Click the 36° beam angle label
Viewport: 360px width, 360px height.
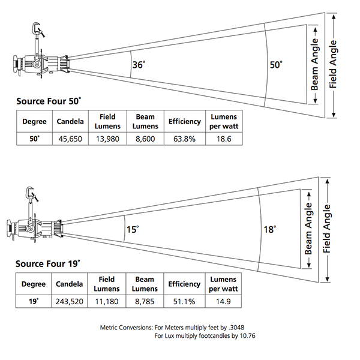(139, 65)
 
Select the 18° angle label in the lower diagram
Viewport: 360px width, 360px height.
(269, 229)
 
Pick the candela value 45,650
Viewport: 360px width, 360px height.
(70, 139)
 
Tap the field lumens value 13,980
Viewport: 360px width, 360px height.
(106, 139)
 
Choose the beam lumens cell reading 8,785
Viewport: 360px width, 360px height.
(145, 301)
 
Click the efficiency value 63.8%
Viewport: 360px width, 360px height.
(184, 139)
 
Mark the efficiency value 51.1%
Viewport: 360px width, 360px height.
(184, 301)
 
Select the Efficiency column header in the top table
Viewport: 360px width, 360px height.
(184, 121)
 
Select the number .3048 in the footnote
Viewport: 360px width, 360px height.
(234, 327)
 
